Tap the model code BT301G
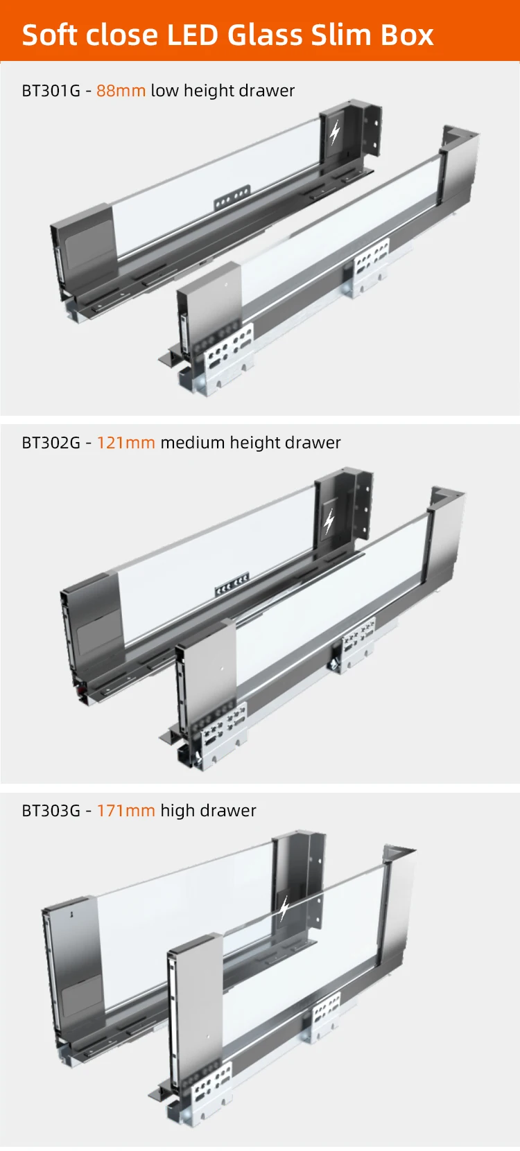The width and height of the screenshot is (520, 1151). pyautogui.click(x=51, y=91)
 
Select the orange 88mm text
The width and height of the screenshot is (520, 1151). pyautogui.click(x=121, y=91)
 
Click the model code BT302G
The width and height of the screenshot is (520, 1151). pyautogui.click(x=51, y=443)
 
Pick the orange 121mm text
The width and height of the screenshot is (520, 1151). pyautogui.click(x=125, y=443)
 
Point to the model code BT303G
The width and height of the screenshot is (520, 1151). pyautogui.click(x=51, y=811)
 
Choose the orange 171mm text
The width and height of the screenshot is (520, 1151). pyautogui.click(x=125, y=811)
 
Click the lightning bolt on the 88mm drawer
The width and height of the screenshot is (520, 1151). pyautogui.click(x=335, y=132)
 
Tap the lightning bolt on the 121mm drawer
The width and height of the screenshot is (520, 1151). pyautogui.click(x=329, y=520)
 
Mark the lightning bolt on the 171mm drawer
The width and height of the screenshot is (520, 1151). pyautogui.click(x=284, y=908)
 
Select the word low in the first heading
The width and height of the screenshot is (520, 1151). pyautogui.click(x=164, y=91)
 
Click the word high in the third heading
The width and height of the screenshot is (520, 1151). pyautogui.click(x=177, y=811)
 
